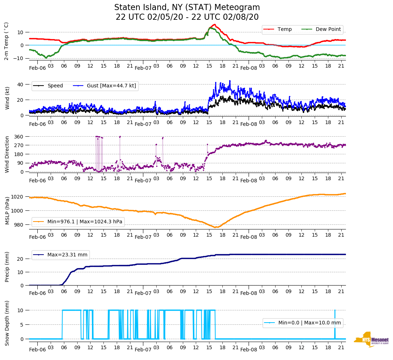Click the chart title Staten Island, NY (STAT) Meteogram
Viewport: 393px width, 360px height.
coord(187,8)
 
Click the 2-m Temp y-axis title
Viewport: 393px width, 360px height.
coord(6,41)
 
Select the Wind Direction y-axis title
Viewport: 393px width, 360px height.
coord(7,154)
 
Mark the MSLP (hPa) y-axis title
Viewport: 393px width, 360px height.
coord(7,210)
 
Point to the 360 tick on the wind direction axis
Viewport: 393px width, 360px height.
coord(19,137)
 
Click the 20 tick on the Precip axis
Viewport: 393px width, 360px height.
coord(20,259)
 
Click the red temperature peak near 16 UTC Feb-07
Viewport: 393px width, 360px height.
coord(214,24)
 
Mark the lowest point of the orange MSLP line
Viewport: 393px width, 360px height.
coord(215,227)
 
